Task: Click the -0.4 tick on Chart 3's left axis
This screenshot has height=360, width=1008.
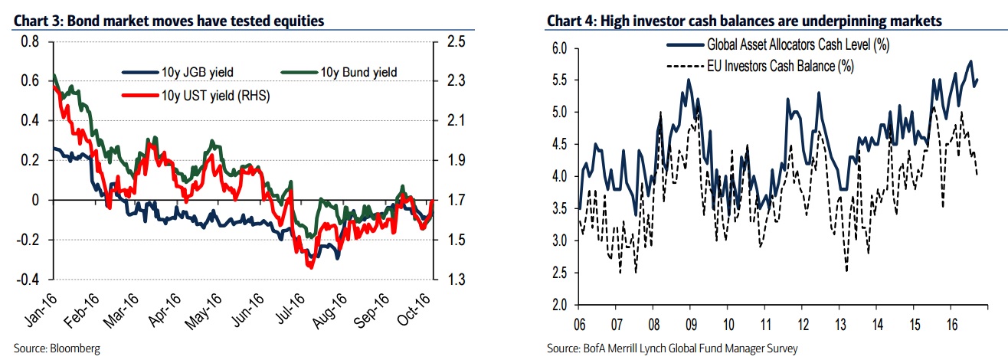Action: point(26,280)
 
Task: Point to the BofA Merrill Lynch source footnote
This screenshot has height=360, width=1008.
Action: point(672,349)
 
